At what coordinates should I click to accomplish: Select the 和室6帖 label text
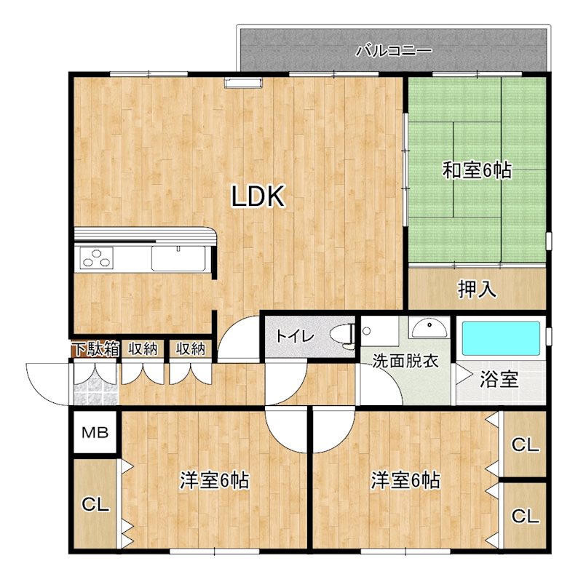477,171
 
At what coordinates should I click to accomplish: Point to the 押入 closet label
477,290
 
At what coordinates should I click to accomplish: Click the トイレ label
294,337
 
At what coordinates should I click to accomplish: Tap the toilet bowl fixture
342,335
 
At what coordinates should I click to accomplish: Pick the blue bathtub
501,338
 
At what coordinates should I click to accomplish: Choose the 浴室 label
499,379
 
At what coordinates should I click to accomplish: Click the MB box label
95,434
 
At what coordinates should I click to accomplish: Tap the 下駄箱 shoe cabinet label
95,348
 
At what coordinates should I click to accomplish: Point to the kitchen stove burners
97,258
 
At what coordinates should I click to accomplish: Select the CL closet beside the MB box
95,503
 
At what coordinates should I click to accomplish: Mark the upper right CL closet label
525,445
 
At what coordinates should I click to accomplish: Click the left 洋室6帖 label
215,480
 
